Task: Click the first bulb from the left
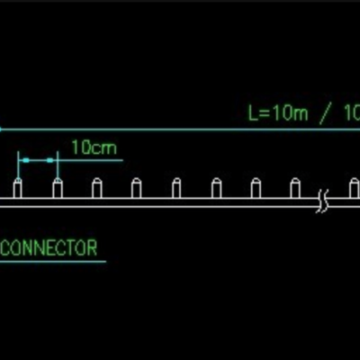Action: click(x=17, y=188)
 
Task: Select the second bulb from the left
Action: click(x=58, y=188)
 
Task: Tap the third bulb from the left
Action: click(x=97, y=188)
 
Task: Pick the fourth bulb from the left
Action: click(x=137, y=188)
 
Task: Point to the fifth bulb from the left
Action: click(x=176, y=188)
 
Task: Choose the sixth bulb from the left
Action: click(x=216, y=188)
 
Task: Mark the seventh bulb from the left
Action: click(x=256, y=188)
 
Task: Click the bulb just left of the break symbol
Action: click(x=295, y=188)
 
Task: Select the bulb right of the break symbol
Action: click(x=355, y=188)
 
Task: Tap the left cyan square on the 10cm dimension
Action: click(x=26, y=160)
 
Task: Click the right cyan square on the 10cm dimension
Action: click(x=49, y=160)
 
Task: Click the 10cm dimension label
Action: click(x=94, y=148)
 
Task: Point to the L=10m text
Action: click(x=278, y=112)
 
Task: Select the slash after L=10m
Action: click(x=325, y=114)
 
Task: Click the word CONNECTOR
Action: click(x=49, y=247)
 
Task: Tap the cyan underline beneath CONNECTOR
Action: click(x=53, y=262)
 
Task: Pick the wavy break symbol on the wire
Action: click(x=322, y=202)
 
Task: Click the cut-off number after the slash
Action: click(x=352, y=112)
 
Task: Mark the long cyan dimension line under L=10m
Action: click(x=180, y=130)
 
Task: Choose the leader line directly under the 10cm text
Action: click(x=90, y=160)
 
